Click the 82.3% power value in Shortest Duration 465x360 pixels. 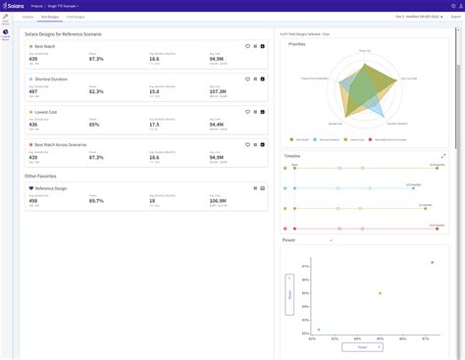point(95,92)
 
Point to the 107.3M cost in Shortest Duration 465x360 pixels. point(216,92)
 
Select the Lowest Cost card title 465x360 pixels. point(46,112)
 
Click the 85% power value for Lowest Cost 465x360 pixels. point(93,125)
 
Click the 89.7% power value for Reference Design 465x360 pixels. point(95,200)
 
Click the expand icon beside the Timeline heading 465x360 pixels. point(443,155)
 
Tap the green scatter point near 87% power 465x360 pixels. point(432,262)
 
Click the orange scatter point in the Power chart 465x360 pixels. point(379,292)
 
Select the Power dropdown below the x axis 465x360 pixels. point(362,346)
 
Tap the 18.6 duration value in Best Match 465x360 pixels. point(155,60)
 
